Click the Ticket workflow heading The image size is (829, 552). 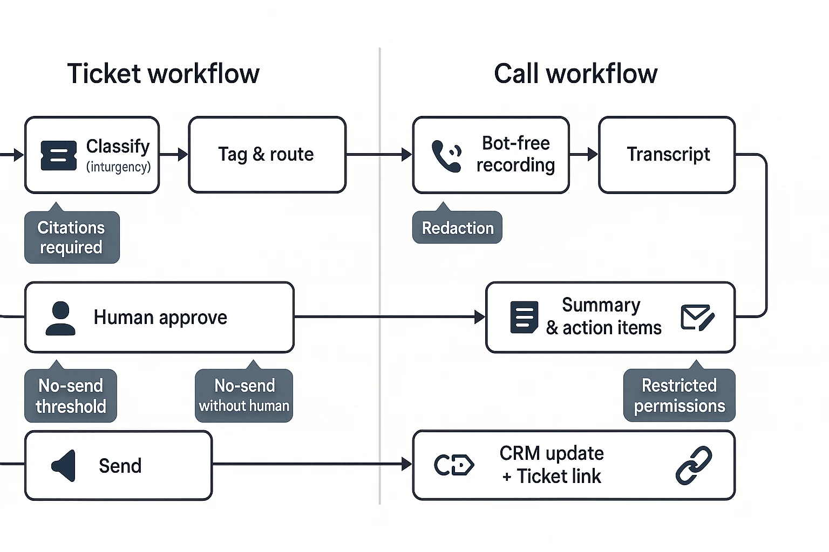click(x=163, y=74)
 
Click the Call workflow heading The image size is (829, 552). click(x=575, y=74)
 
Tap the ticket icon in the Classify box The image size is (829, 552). click(x=58, y=155)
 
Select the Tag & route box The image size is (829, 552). click(x=267, y=155)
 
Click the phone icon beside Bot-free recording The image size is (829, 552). click(x=447, y=156)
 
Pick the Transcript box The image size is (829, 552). click(x=667, y=155)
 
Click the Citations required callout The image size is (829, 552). click(x=71, y=237)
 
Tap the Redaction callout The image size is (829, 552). click(x=457, y=228)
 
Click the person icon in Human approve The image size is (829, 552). click(x=60, y=318)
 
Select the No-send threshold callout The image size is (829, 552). click(x=71, y=396)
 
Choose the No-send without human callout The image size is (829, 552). click(x=244, y=396)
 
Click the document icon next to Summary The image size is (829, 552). click(x=524, y=318)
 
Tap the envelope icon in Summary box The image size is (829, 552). click(x=697, y=318)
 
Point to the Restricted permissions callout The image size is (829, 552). click(x=679, y=396)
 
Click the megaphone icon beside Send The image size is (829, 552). click(x=64, y=466)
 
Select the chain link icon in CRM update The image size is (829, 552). click(x=694, y=465)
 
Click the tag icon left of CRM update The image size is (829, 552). click(x=454, y=465)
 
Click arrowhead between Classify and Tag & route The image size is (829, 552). click(x=182, y=155)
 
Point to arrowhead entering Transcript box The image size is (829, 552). click(x=593, y=155)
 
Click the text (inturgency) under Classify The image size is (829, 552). click(x=118, y=167)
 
